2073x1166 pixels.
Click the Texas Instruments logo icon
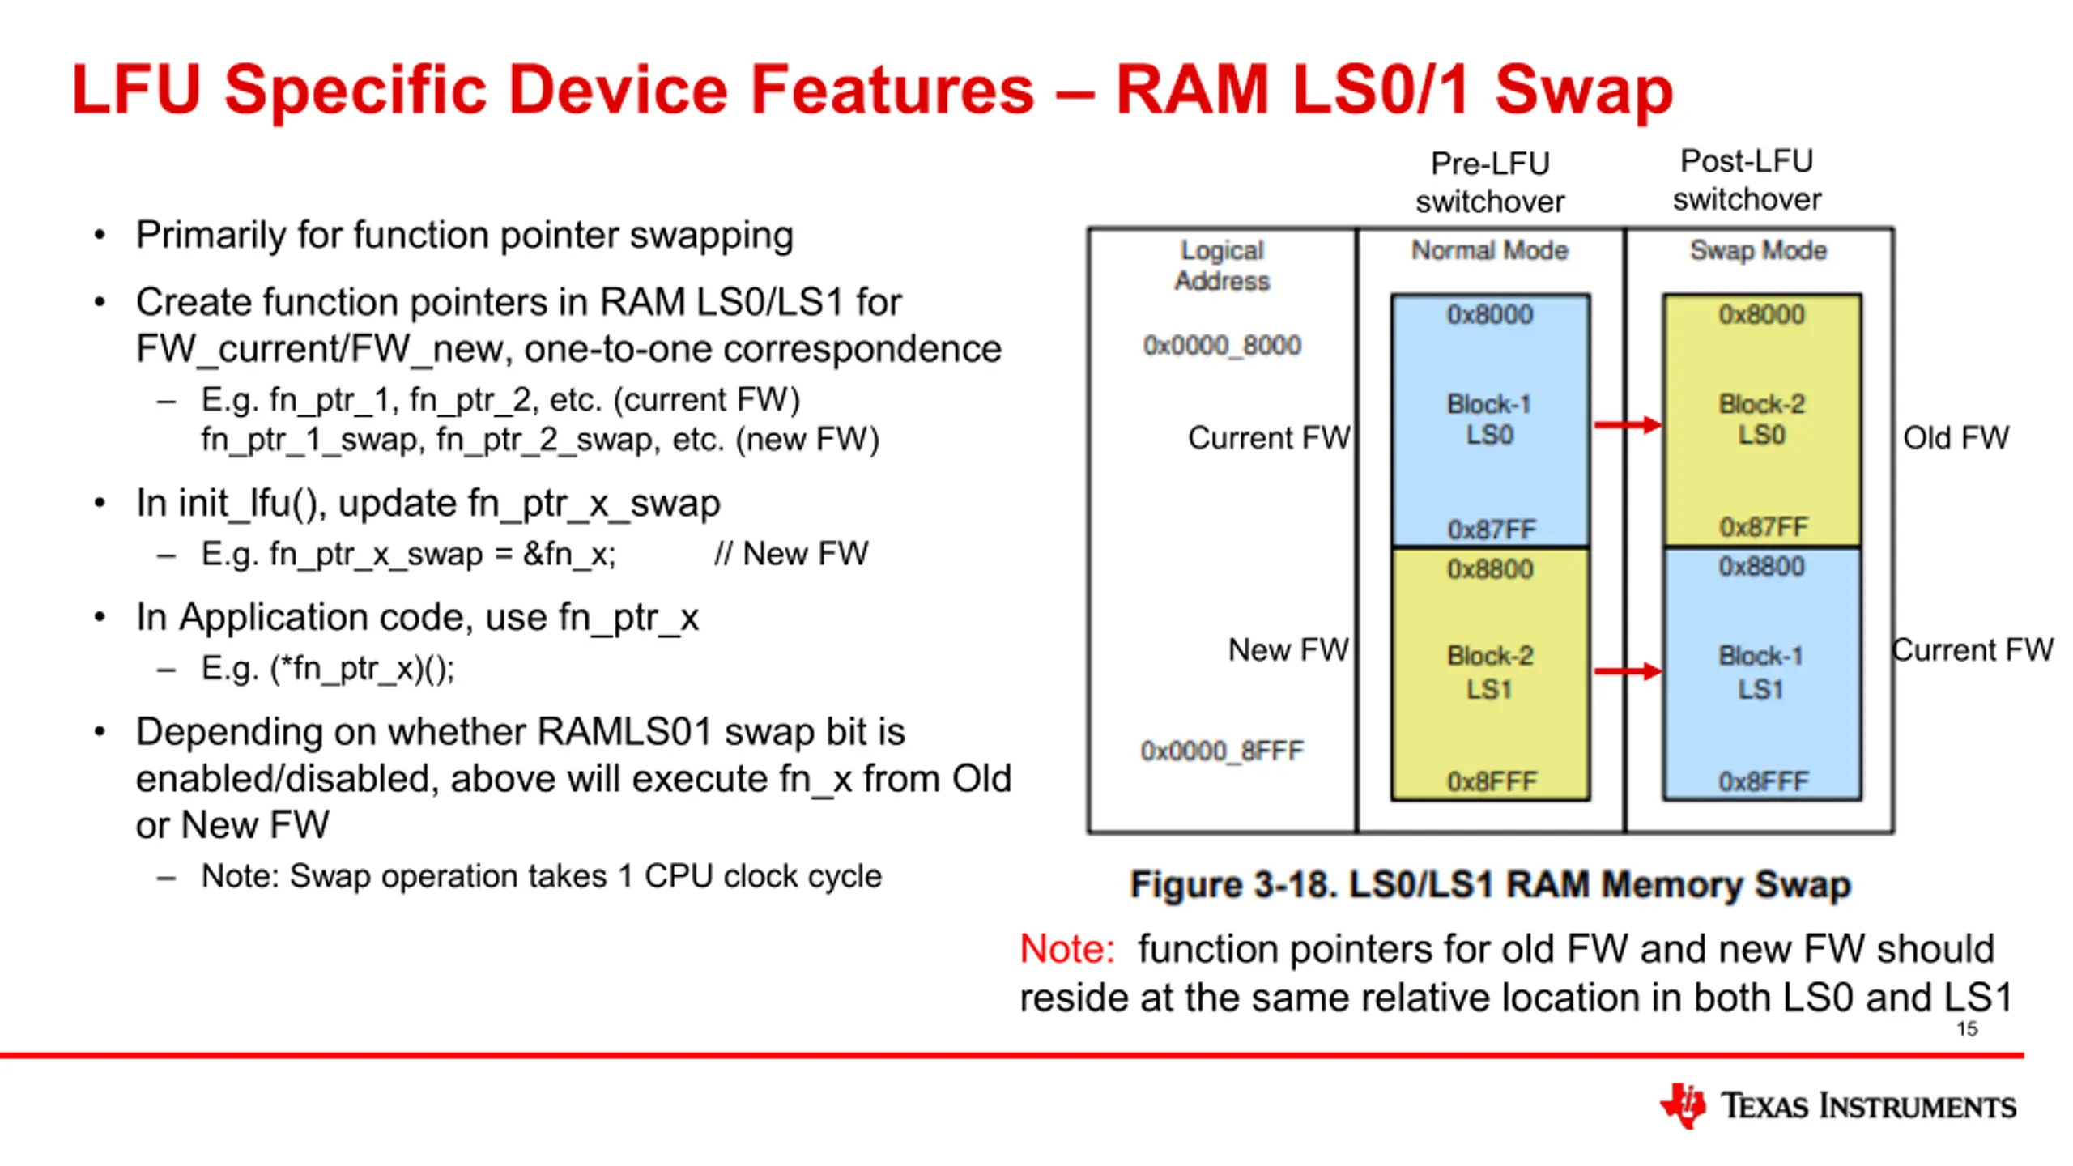[x=1683, y=1105]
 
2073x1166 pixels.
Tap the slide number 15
[x=1967, y=1029]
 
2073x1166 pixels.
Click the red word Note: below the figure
[x=1066, y=948]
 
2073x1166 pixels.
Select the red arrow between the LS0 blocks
[x=1628, y=424]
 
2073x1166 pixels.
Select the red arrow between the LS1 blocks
[x=1628, y=670]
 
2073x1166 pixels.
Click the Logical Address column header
[x=1222, y=266]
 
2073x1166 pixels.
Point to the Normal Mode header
[x=1490, y=250]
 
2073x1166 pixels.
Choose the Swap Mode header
[x=1758, y=250]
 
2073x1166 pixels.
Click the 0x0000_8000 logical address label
[x=1222, y=346]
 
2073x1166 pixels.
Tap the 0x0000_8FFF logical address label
[x=1222, y=751]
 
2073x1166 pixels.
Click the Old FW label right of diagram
[x=1956, y=438]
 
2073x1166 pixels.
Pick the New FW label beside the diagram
[x=1288, y=649]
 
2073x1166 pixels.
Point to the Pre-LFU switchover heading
[x=1490, y=183]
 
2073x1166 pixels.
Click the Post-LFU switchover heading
[x=1747, y=181]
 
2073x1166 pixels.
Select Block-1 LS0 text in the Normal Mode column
[x=1489, y=419]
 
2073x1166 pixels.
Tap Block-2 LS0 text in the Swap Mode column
[x=1761, y=419]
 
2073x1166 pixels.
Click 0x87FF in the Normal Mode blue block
[x=1492, y=530]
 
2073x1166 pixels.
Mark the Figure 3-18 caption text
[x=1490, y=884]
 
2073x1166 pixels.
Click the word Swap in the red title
[x=1584, y=91]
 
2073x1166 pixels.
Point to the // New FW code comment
[x=791, y=554]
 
